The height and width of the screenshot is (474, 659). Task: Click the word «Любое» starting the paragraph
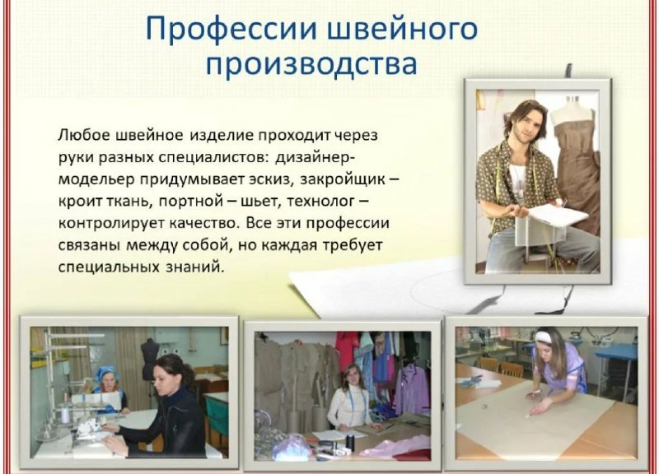[x=82, y=135]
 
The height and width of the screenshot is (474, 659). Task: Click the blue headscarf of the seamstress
[x=105, y=374]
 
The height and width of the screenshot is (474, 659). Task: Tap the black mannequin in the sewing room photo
[x=149, y=358]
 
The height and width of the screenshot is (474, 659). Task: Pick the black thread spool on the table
[x=350, y=442]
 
